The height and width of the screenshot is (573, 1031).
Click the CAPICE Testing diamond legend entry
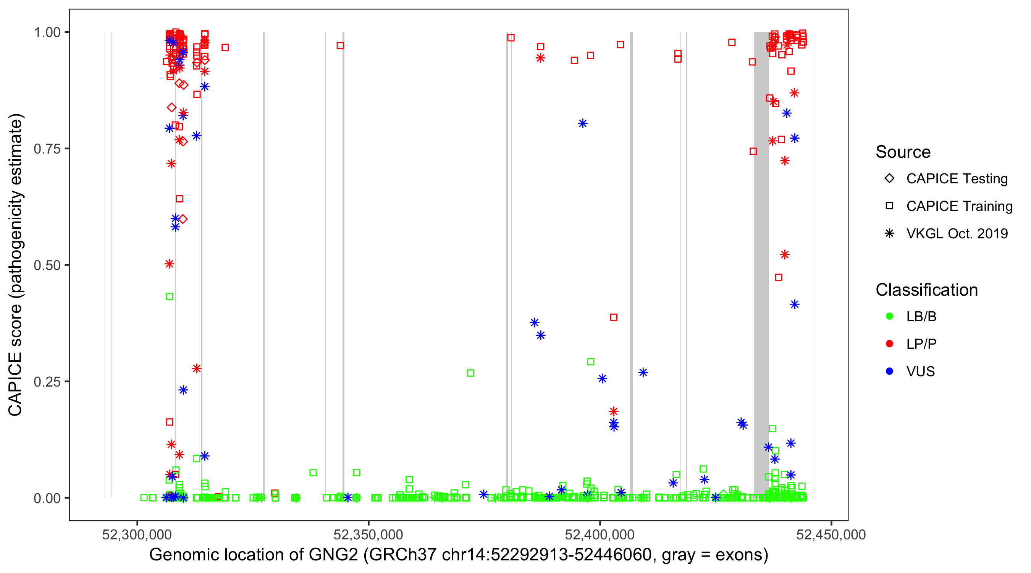point(889,179)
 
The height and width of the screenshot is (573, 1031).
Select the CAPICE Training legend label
point(959,206)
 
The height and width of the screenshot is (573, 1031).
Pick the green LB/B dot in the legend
point(889,316)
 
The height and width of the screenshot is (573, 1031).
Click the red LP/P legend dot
point(889,344)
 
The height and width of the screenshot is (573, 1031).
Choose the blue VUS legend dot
point(889,371)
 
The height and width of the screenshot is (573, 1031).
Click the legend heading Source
point(903,152)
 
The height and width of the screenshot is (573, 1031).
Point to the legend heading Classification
point(926,290)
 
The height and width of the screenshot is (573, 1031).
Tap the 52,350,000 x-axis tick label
point(368,534)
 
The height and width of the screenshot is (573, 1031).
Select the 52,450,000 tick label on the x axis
point(831,534)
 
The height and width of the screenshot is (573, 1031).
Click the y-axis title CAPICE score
point(16,265)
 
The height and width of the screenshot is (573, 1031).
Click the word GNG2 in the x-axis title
point(333,555)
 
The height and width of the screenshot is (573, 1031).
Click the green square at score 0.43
point(169,297)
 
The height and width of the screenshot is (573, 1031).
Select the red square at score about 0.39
point(613,317)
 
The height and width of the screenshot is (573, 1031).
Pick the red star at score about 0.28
point(196,368)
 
